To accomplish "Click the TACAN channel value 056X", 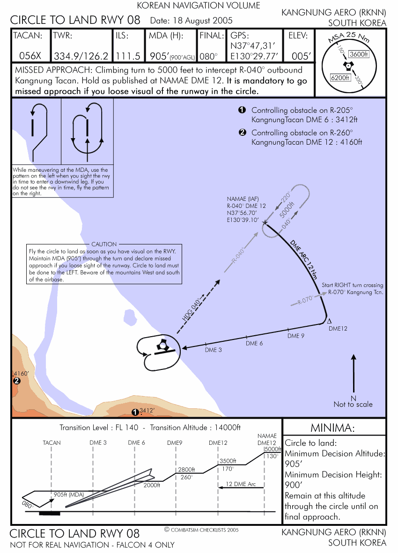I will point(30,56).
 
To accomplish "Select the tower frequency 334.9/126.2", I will point(81,56).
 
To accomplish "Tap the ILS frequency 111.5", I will point(128,56).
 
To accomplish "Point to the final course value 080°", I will point(209,56).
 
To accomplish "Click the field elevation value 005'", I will point(301,56).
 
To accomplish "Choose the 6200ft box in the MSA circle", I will point(340,77).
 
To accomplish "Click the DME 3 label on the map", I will point(214,350).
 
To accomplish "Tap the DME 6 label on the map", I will point(254,343).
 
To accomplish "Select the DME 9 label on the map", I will point(296,336).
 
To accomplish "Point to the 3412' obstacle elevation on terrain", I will point(147,411).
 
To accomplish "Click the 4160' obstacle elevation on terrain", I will point(22,373).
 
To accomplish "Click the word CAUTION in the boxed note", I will point(104,244).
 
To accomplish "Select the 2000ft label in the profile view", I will point(152,486).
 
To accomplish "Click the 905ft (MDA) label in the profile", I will point(69,494).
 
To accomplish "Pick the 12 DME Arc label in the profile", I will point(241,484).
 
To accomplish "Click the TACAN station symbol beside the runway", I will point(162,346).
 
